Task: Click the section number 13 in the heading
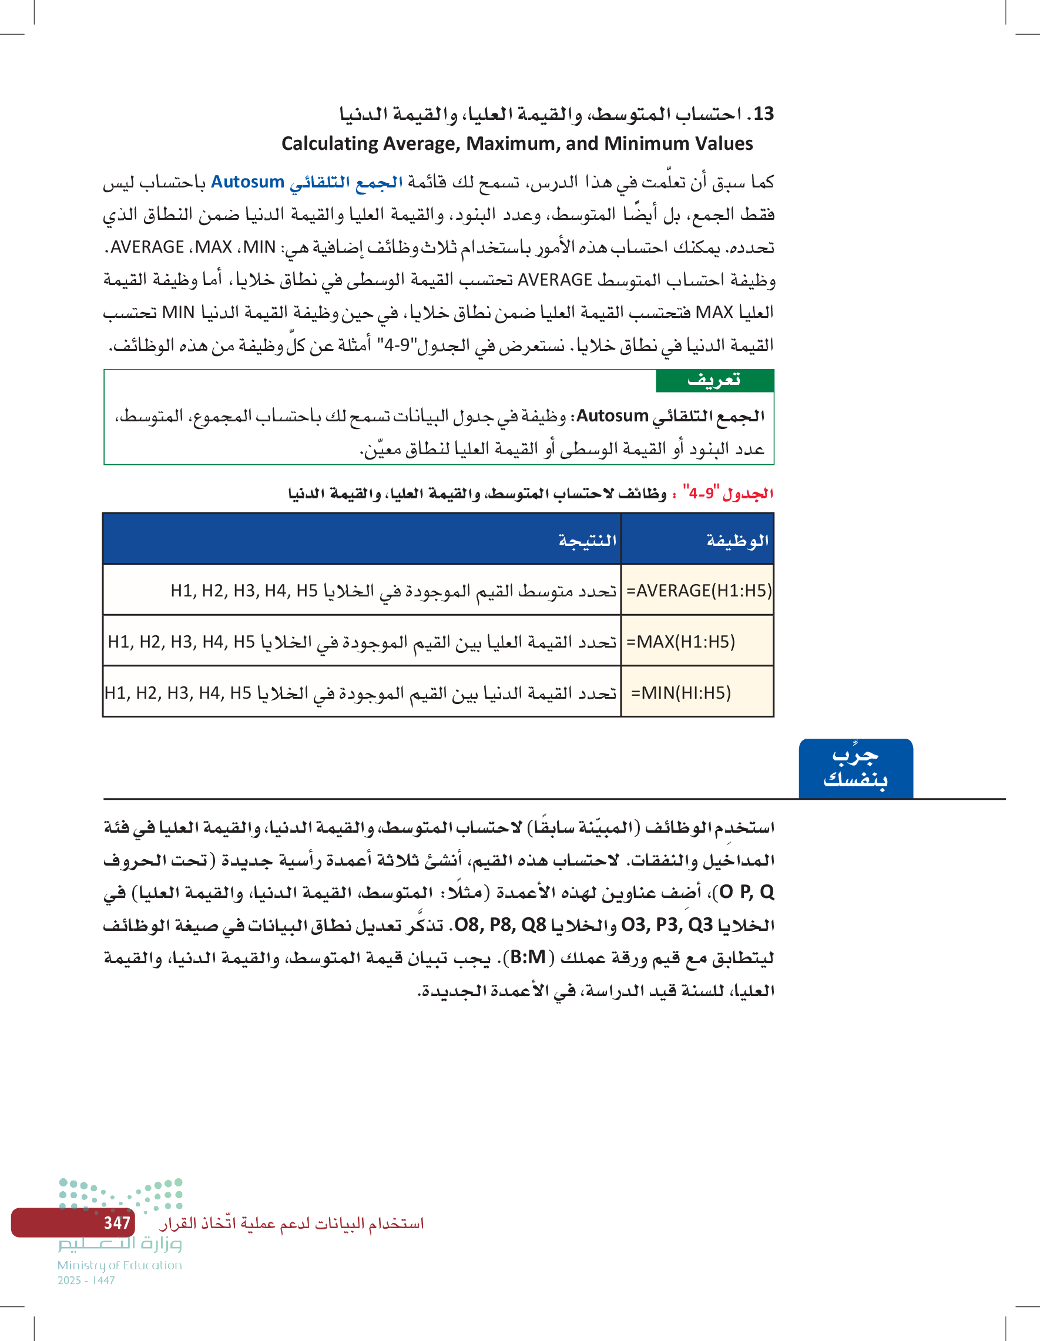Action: click(x=763, y=113)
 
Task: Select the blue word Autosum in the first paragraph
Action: click(x=247, y=182)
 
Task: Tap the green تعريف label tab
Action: click(x=714, y=381)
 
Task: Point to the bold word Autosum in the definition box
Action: click(x=612, y=416)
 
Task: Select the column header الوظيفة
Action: click(x=737, y=540)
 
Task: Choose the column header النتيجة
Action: click(x=587, y=540)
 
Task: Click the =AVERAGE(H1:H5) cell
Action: click(x=699, y=591)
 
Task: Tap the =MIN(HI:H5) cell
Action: click(x=681, y=693)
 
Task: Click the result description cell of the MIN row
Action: click(x=361, y=693)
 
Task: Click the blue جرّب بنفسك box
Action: click(x=855, y=768)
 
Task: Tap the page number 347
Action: click(x=117, y=1222)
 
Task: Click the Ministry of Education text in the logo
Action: click(x=120, y=1265)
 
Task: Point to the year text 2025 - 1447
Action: click(x=86, y=1280)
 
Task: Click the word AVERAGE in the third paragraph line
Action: click(x=147, y=247)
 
